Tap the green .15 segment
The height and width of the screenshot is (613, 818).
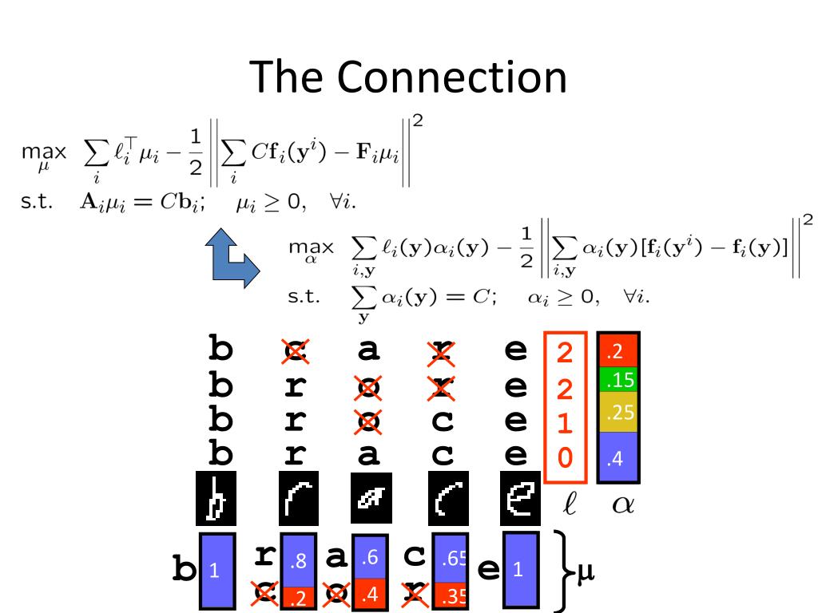[x=618, y=378]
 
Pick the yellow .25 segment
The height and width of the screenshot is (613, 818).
[x=618, y=411]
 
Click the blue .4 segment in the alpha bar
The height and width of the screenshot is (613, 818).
[x=618, y=457]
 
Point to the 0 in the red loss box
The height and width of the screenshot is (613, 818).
[x=566, y=458]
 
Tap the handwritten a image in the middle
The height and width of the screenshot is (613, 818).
[x=370, y=497]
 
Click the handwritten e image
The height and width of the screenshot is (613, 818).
[x=518, y=498]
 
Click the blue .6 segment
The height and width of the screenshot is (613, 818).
[x=370, y=556]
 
